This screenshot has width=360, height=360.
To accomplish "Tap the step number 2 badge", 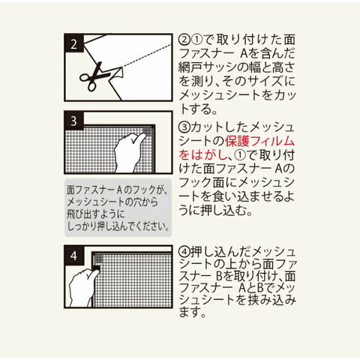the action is (73, 43).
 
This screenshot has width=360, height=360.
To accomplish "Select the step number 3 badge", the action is (73, 121).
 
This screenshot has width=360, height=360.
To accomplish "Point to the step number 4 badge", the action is (73, 255).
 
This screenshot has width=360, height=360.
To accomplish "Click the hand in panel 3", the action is (129, 153).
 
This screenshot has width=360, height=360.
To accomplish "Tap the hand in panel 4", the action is (82, 287).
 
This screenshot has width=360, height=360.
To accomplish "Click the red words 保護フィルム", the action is (260, 141).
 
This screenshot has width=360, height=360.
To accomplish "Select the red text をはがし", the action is (202, 155).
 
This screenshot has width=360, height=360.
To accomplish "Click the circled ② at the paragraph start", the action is (185, 40).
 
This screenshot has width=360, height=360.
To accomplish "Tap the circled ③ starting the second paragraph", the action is (184, 127).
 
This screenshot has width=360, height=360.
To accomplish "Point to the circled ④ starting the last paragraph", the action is (184, 252).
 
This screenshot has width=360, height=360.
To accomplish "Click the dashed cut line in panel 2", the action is (147, 56).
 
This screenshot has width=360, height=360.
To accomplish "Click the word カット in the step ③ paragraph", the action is (202, 127).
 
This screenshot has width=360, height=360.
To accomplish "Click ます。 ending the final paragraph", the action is (193, 311).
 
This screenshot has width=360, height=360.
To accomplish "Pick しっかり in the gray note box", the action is (79, 226).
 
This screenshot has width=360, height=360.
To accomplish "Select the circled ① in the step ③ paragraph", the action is (241, 155).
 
